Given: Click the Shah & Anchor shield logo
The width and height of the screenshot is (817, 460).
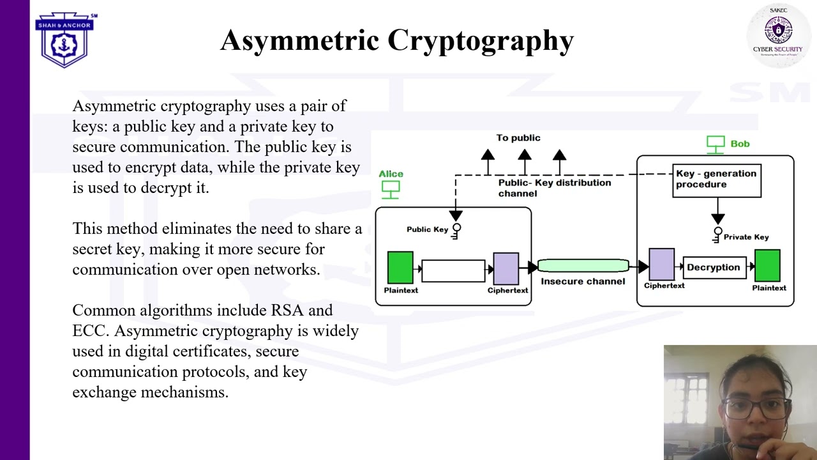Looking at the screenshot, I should point(64,40).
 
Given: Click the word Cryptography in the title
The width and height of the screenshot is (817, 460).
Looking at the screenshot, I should point(480,40).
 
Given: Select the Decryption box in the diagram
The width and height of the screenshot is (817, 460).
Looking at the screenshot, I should point(713,268).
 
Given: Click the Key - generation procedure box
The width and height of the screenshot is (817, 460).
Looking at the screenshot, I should point(716,180).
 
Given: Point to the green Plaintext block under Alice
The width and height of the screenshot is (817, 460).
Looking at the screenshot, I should point(400,268).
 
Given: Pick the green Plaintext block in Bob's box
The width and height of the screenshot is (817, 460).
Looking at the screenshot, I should point(767,266).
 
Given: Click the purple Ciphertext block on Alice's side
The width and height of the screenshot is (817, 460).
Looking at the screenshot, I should point(506,268).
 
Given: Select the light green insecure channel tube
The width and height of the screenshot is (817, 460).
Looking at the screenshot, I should point(583,266).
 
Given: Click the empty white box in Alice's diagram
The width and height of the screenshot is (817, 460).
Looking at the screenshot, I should point(453,270).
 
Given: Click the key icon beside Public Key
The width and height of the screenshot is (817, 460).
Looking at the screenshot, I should point(456,231).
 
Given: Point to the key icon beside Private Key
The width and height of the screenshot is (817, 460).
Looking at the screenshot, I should point(717,235).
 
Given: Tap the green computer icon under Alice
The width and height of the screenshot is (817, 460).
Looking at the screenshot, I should point(391,189).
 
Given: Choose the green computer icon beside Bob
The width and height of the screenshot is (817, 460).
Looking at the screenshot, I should point(716,144).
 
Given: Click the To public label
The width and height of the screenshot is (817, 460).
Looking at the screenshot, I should point(518,138).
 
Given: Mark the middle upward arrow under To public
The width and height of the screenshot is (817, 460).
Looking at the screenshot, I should point(525,160).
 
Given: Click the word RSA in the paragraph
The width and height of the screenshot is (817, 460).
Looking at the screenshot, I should point(287,310).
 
